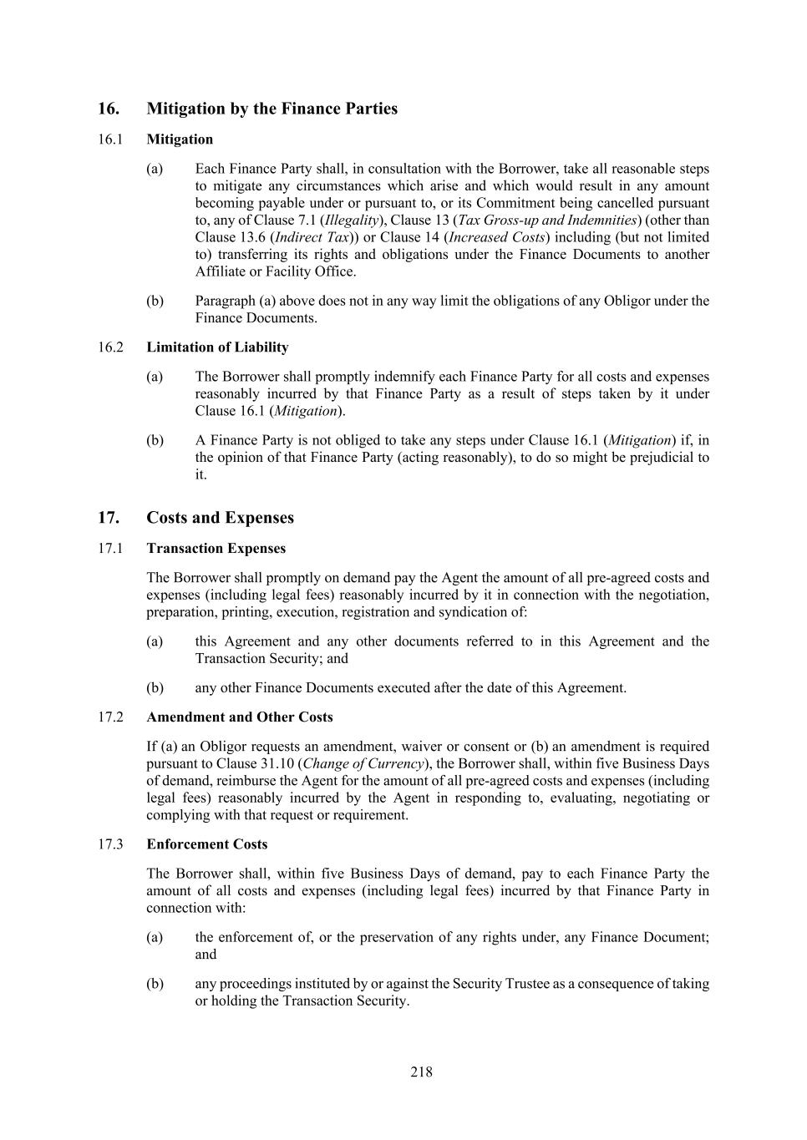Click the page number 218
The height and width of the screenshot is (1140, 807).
pos(421,1072)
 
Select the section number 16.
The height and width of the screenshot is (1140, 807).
pos(108,109)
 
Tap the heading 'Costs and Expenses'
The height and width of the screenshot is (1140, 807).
pos(220,518)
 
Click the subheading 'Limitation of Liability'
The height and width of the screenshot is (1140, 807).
pos(217,347)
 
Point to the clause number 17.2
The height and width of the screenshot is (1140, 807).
pos(109,717)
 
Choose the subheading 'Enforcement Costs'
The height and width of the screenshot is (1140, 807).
pos(206,844)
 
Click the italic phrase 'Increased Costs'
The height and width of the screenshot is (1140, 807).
pos(497,237)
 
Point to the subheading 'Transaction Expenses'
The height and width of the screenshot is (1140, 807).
pos(216,549)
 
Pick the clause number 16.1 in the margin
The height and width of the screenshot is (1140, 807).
pos(109,139)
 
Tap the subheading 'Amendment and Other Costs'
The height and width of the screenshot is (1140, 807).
pos(239,717)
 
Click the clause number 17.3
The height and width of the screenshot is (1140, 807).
pos(109,844)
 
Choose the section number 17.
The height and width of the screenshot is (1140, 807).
pos(108,518)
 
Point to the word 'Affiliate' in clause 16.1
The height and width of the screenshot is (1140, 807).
pos(222,271)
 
